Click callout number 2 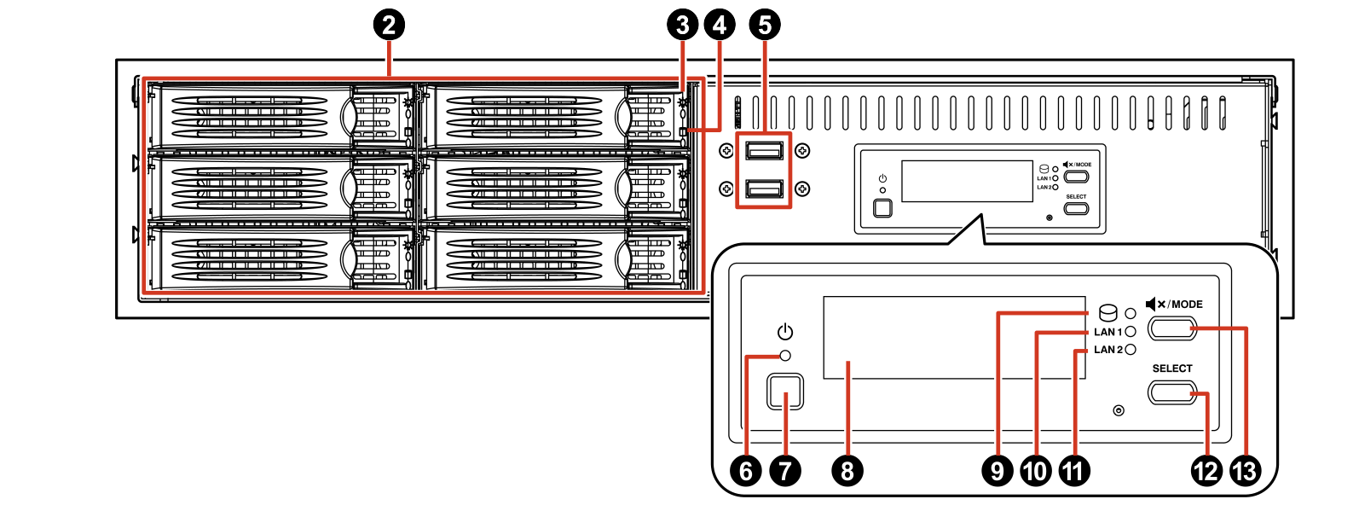coord(389,25)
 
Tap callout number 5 coord(764,25)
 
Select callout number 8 coord(847,470)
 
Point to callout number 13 coord(1245,470)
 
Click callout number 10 coord(1035,470)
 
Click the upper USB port coord(764,151)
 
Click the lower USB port coord(764,189)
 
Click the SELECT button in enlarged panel coord(1172,392)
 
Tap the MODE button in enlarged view coord(1172,328)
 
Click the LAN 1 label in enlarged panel coord(1107,332)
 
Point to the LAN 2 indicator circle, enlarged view coord(1131,349)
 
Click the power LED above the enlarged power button coord(786,356)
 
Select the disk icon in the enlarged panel coord(1107,312)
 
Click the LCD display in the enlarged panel coord(953,338)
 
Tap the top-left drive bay coord(281,114)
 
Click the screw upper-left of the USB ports coord(726,151)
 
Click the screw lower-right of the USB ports coord(802,189)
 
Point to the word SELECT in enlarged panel coord(1172,369)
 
